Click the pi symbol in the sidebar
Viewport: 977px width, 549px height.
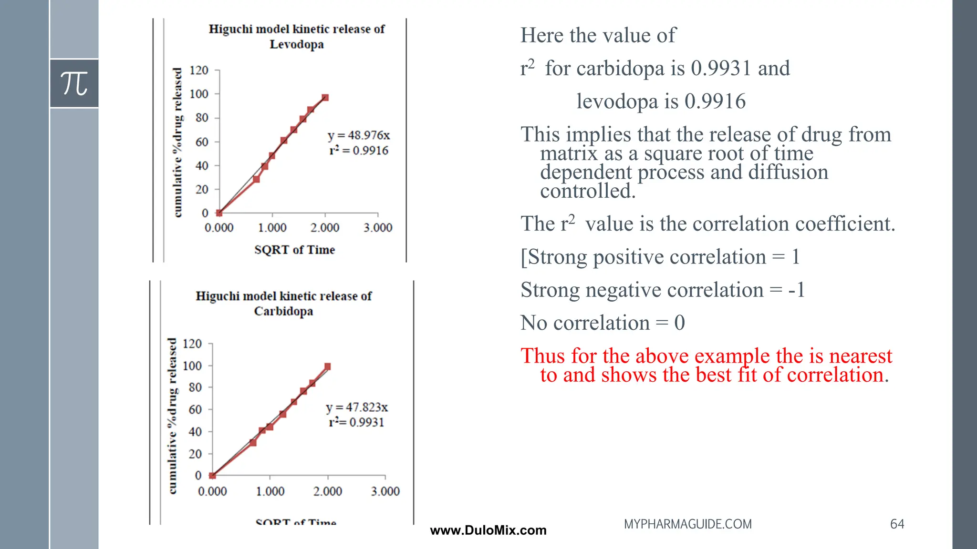(x=74, y=83)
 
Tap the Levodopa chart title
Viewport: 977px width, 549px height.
(x=296, y=37)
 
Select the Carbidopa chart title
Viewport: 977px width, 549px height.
(x=283, y=304)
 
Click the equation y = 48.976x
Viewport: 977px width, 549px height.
(x=359, y=135)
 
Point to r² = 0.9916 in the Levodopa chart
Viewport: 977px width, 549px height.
(x=359, y=151)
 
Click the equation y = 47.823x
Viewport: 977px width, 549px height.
(x=357, y=407)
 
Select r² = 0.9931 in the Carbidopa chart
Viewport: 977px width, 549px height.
(x=356, y=422)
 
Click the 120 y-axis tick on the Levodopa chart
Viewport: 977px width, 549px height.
(x=199, y=71)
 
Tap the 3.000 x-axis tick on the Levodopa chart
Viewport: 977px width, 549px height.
(x=378, y=228)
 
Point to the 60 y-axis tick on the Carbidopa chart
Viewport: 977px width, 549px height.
(x=195, y=410)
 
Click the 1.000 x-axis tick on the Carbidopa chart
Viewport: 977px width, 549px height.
(x=270, y=491)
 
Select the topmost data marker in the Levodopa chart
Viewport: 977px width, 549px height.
(x=325, y=98)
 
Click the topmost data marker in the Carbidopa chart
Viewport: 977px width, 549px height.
(x=328, y=366)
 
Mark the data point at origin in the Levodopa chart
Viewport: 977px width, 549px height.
(x=219, y=213)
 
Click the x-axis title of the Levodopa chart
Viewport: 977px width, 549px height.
(x=294, y=250)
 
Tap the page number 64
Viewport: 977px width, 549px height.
(x=897, y=524)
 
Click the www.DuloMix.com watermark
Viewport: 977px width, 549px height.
(x=488, y=530)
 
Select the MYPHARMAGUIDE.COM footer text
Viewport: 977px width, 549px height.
(x=687, y=524)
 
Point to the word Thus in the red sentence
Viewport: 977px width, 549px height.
(x=543, y=356)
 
